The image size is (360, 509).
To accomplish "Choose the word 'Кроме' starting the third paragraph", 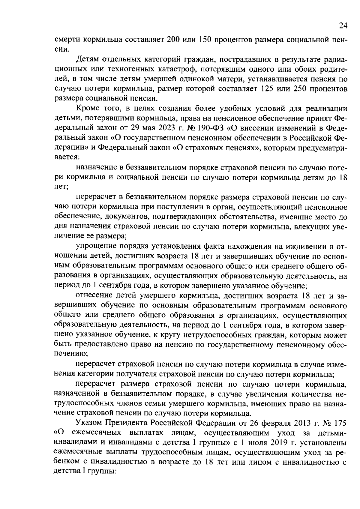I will tap(86, 109).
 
